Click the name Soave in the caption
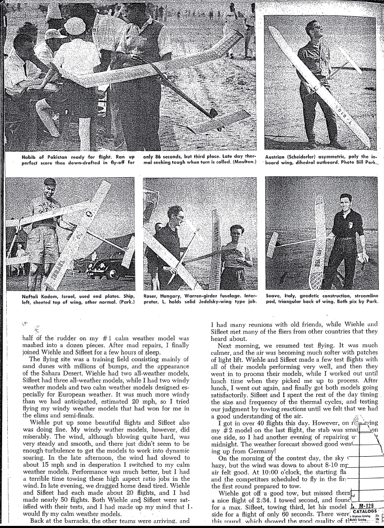point(275,296)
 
